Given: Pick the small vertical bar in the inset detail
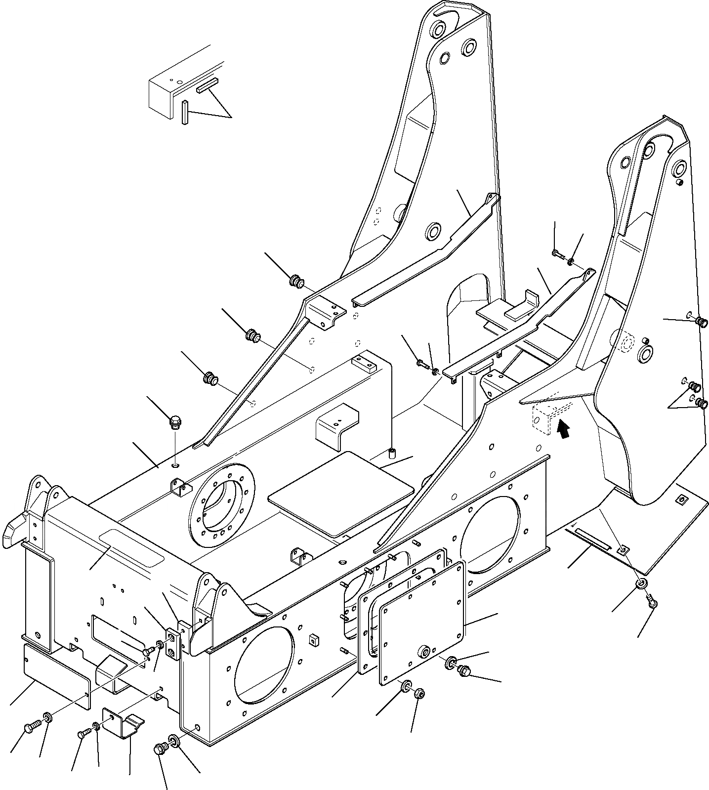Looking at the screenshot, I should pyautogui.click(x=185, y=112).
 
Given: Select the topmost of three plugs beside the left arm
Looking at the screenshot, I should pyautogui.click(x=296, y=282).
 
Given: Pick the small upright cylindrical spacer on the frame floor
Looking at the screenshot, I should pyautogui.click(x=392, y=453).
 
